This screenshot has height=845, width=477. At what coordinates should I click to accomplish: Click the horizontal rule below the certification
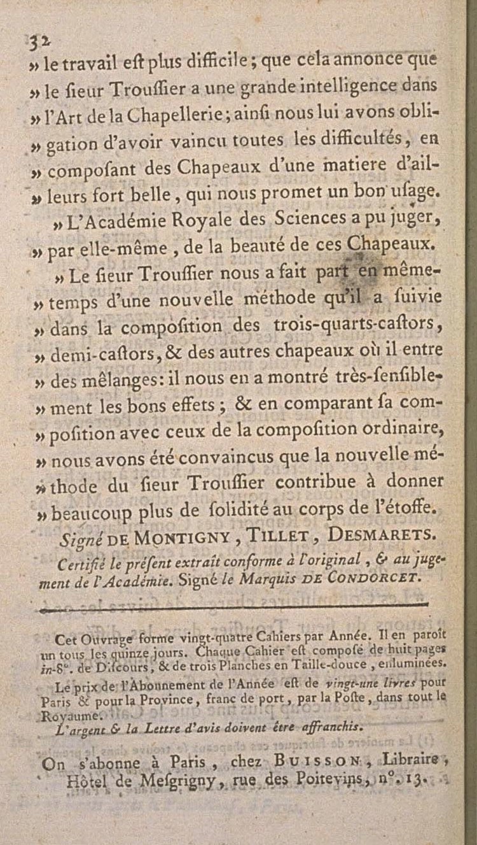click(242, 607)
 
